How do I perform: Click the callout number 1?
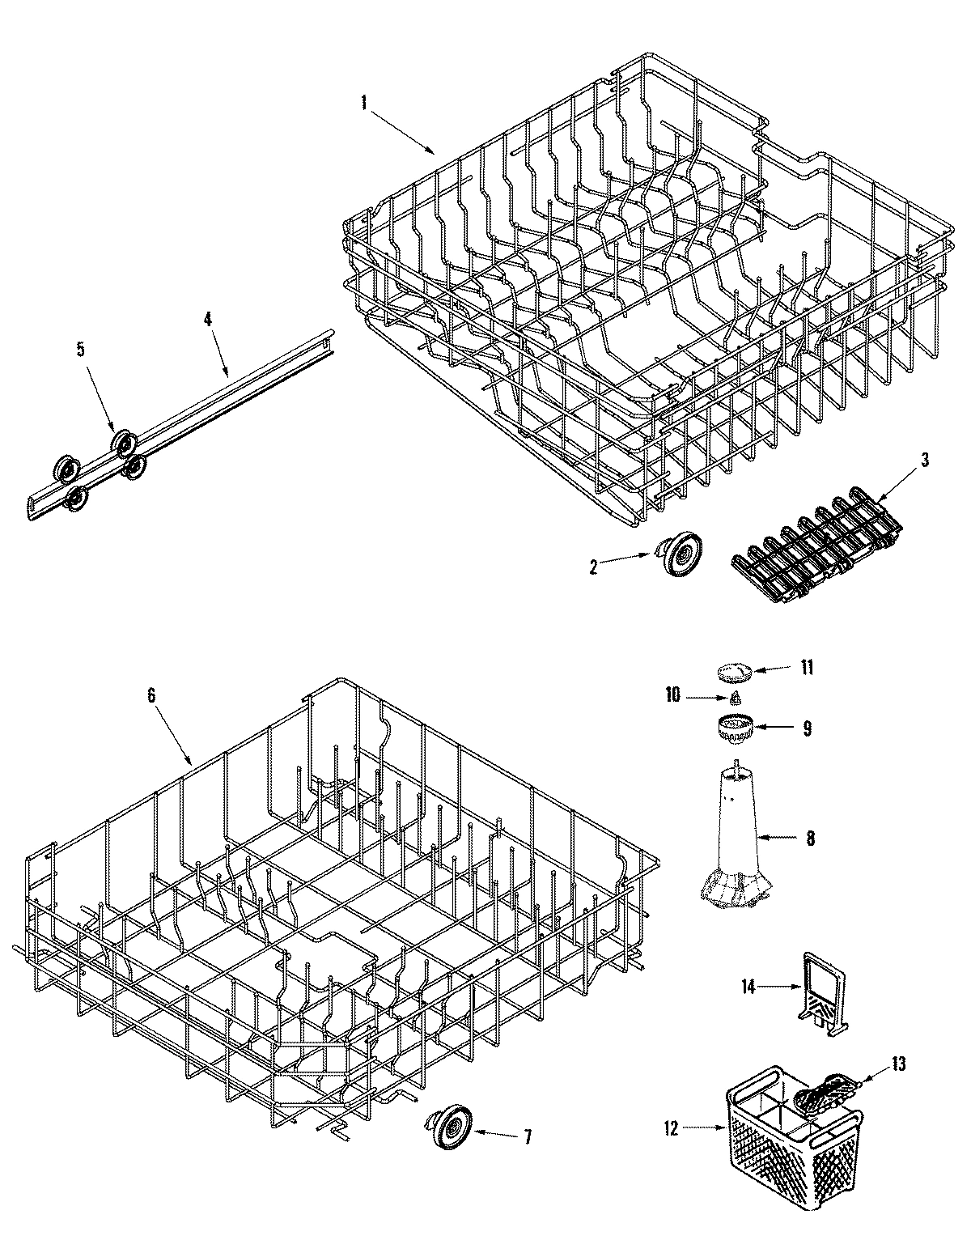[364, 104]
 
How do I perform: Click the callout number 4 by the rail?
[208, 319]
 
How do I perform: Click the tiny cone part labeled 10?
[736, 698]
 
